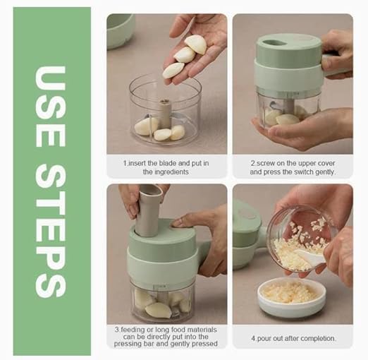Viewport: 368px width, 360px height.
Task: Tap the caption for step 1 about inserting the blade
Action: tap(166, 167)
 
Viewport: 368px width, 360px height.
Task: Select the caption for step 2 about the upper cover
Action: tap(292, 167)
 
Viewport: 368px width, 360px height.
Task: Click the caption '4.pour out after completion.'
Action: tap(292, 338)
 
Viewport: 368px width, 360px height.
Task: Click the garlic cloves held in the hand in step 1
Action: tap(185, 56)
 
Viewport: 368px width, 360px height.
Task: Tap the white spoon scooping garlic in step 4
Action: tap(310, 258)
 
